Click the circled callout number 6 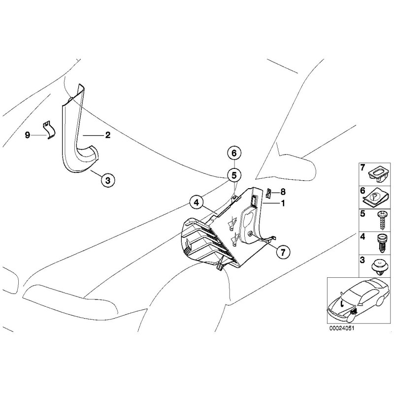[x=234, y=154]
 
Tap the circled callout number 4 [x=196, y=201]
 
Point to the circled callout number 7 [x=283, y=252]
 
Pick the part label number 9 [x=28, y=134]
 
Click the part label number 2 [x=107, y=134]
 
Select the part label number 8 [x=283, y=192]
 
